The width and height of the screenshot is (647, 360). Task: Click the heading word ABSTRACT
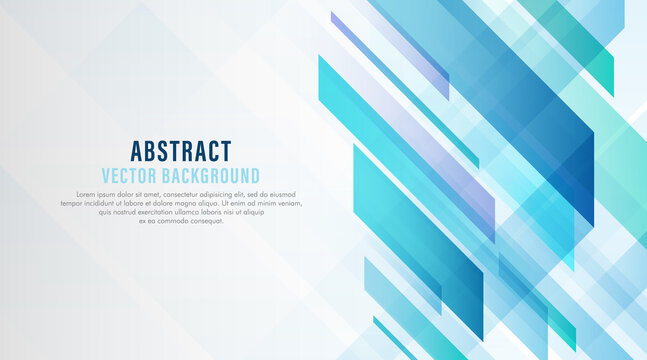pos(181,151)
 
